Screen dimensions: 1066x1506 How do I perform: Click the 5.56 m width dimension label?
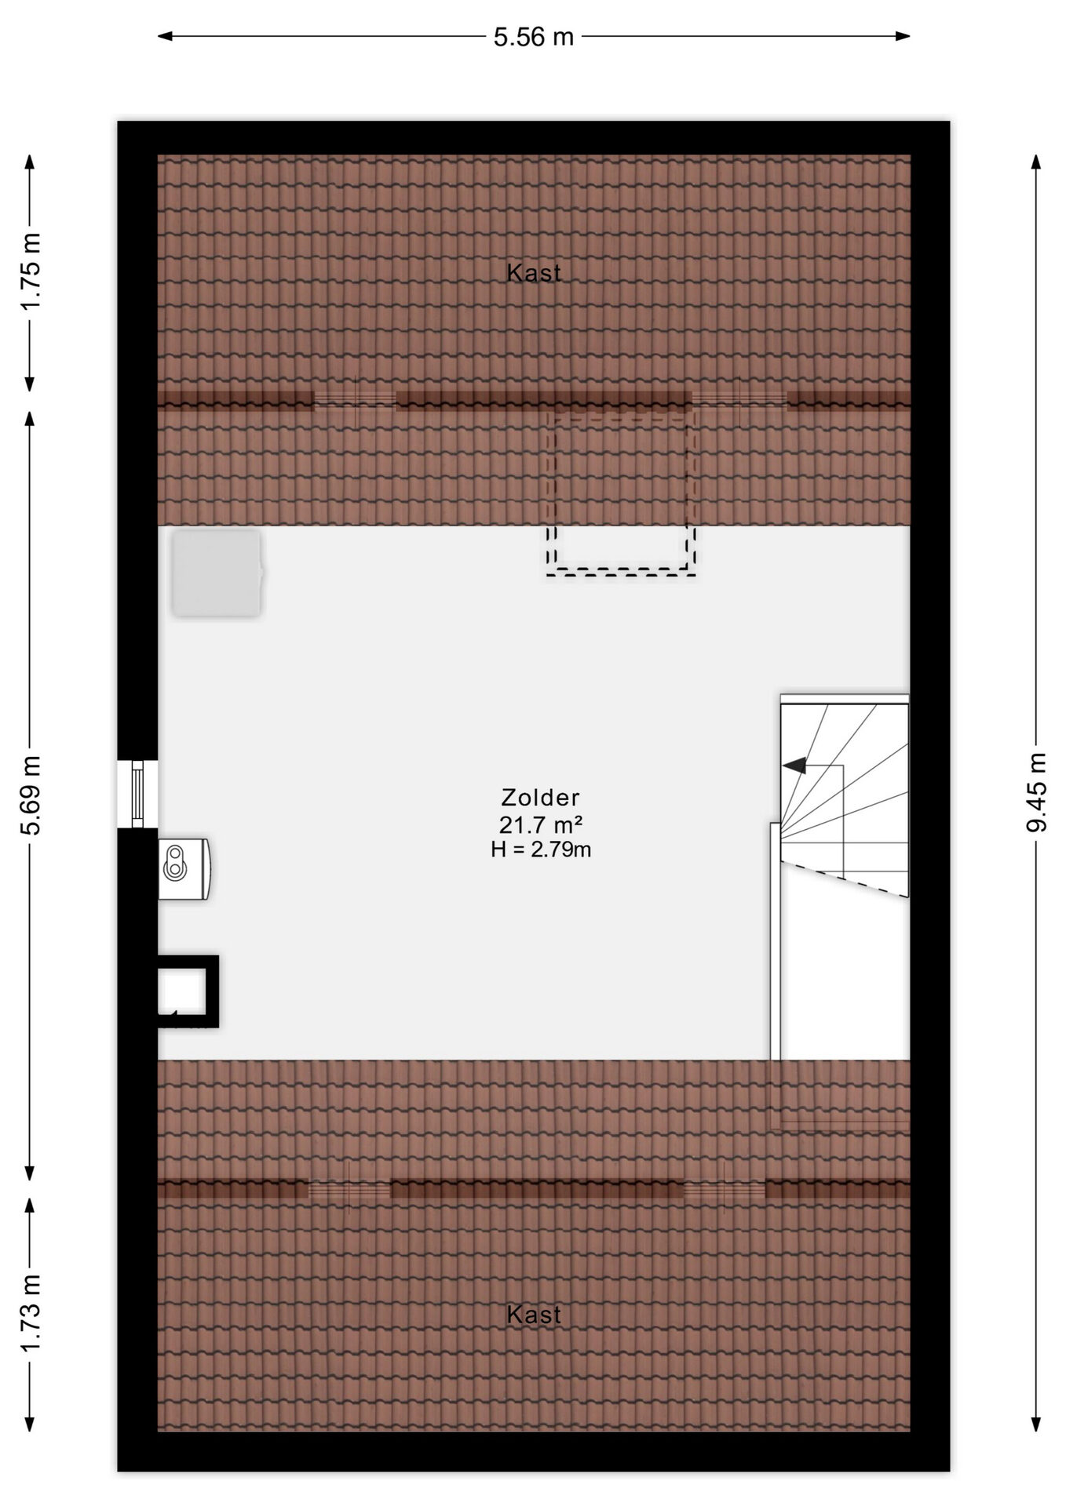(x=534, y=37)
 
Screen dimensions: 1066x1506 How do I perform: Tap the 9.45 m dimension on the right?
(x=1037, y=791)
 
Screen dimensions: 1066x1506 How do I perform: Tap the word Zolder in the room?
(x=541, y=798)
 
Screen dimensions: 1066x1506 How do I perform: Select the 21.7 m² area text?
(x=541, y=824)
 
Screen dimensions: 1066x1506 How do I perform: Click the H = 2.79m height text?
(x=541, y=849)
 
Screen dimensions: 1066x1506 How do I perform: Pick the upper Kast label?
(x=534, y=273)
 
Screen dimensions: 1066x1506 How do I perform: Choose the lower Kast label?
(x=534, y=1315)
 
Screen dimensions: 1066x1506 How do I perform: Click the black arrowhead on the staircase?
(x=794, y=766)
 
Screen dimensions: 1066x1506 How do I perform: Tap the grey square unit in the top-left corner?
(x=217, y=573)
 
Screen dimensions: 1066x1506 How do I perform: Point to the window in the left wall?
(x=138, y=794)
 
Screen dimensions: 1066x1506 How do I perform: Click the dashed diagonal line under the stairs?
(x=845, y=878)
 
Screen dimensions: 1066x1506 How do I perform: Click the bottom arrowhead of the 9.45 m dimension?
(x=1036, y=1423)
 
